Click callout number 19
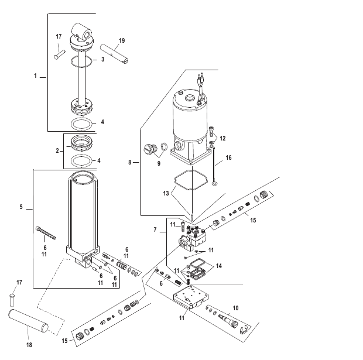click(122, 42)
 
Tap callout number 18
click(29, 345)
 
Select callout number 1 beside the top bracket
click(36, 76)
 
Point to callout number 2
click(56, 150)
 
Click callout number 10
click(235, 307)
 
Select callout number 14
click(219, 265)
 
